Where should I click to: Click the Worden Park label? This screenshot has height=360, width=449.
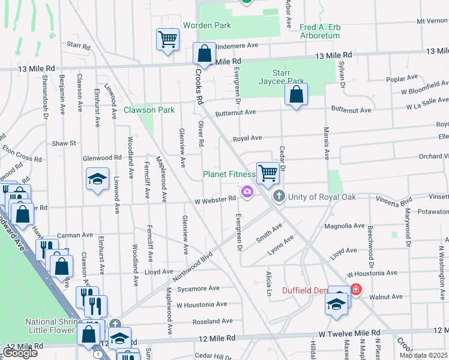207,26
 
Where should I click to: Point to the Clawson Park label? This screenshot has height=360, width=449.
149,110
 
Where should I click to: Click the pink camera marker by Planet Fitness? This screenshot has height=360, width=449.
247,191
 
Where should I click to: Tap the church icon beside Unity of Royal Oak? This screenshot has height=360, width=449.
279,196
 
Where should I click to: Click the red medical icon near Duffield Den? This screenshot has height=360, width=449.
356,290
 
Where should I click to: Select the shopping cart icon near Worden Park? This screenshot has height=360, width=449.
167,40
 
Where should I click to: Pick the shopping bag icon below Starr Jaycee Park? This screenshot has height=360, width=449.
296,94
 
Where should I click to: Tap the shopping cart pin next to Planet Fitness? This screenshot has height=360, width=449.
268,173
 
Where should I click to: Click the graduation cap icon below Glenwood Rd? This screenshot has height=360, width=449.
97,179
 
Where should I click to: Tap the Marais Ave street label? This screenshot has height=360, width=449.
328,144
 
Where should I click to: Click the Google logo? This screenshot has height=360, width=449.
20,352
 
